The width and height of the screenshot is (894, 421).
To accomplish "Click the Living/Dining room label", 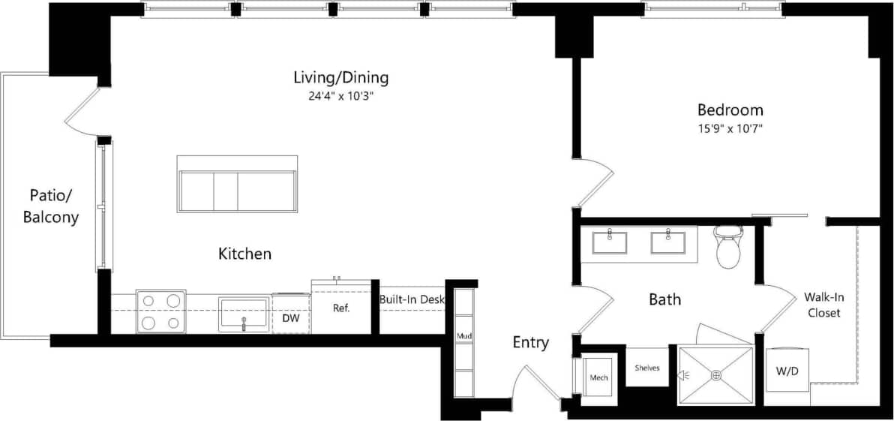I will pos(340,77).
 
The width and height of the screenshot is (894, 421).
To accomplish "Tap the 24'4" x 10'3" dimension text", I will pos(340,95).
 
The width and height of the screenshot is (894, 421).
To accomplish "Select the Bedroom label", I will pos(730,110).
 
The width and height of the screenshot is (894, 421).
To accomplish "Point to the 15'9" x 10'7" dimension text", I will pos(730,128).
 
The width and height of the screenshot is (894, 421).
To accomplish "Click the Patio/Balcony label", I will pos(50,206).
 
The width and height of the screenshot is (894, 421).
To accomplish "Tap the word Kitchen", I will pos(244,254).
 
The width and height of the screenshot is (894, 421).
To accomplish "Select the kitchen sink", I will pos(243,314).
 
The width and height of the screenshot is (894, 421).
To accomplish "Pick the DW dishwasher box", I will pos(291,316).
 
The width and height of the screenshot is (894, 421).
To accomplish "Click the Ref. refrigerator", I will pos(341,308).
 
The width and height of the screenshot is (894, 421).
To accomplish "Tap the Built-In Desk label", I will pos(412,299).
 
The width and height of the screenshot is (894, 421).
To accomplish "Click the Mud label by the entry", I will pos(464,335).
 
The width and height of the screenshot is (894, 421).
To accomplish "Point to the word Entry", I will pos(530,343).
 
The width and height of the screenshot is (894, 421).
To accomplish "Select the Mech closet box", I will pos(598,377).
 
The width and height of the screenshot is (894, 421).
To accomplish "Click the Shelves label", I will pos(646,368).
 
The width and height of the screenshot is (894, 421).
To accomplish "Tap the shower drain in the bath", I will pos(716,374).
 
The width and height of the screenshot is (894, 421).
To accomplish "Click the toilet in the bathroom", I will pos(727,248).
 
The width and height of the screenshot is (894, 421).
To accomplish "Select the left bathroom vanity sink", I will pos(610,242).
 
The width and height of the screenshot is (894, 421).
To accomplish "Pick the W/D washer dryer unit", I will pos(787,371).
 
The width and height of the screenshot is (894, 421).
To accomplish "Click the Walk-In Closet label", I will pos(822,305).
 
